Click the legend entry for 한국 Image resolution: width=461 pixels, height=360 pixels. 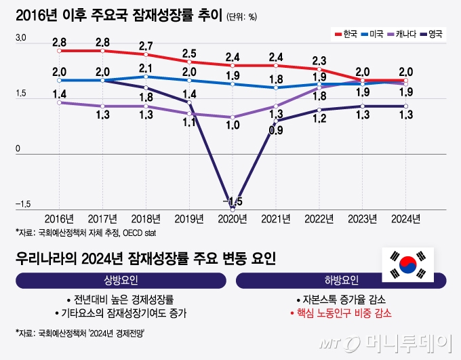[x=346, y=34]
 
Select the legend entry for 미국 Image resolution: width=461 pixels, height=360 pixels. [x=372, y=34]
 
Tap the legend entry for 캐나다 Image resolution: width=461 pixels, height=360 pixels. [x=402, y=34]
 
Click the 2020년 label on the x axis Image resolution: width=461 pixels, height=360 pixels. [x=233, y=218]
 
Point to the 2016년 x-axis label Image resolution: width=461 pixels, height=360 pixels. [x=60, y=218]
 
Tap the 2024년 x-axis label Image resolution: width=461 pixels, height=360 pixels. [x=405, y=218]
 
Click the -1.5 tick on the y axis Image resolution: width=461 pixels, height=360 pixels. [x=22, y=204]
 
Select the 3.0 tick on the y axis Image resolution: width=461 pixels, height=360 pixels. [x=20, y=43]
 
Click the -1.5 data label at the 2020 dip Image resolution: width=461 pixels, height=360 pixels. [x=234, y=201]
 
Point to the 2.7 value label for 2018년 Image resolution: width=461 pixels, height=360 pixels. [x=146, y=45]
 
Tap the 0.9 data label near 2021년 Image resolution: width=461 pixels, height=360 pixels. [x=276, y=131]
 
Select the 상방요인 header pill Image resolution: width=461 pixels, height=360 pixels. [x=120, y=280]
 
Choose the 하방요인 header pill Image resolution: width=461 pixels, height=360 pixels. [x=341, y=280]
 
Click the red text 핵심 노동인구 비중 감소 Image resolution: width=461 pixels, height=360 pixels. [x=341, y=313]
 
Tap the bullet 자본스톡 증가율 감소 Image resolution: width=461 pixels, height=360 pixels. [x=341, y=299]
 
